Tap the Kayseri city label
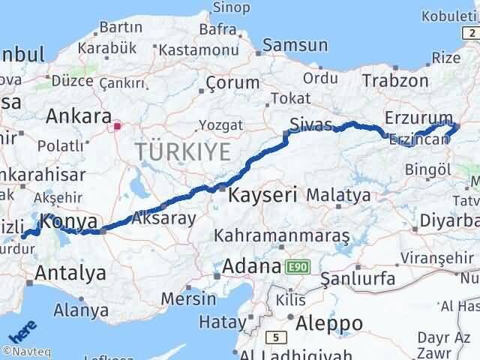(263, 196)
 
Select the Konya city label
(69, 222)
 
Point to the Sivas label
(311, 125)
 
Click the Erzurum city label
(418, 118)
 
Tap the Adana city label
(250, 266)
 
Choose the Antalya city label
(70, 273)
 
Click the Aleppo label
(329, 323)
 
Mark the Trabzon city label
(395, 81)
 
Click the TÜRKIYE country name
(183, 152)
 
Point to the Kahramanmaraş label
(282, 236)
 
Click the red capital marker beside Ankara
(117, 127)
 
